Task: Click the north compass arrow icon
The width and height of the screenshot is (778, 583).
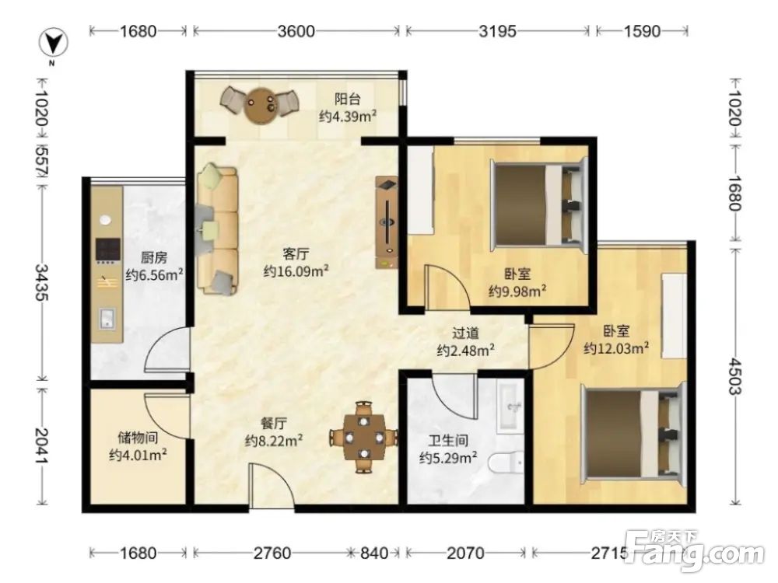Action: pyautogui.click(x=53, y=43)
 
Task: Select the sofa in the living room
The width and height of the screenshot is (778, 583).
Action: pyautogui.click(x=217, y=230)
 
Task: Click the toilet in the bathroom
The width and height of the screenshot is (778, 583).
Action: pyautogui.click(x=506, y=463)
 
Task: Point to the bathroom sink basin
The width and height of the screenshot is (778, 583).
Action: pyautogui.click(x=510, y=407)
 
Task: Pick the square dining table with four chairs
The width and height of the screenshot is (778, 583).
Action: pyautogui.click(x=364, y=437)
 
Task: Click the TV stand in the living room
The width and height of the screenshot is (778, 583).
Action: pyautogui.click(x=387, y=222)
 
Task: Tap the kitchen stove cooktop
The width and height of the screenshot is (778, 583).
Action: pyautogui.click(x=107, y=251)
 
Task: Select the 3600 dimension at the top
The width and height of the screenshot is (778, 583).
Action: pyautogui.click(x=296, y=31)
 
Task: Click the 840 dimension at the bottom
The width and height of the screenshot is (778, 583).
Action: pyautogui.click(x=374, y=552)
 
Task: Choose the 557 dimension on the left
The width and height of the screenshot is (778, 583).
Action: pyautogui.click(x=41, y=160)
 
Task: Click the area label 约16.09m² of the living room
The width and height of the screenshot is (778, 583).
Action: pyautogui.click(x=296, y=271)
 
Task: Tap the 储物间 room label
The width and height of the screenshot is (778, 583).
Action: pyautogui.click(x=138, y=437)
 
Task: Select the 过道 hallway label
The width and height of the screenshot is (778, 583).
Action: pyautogui.click(x=465, y=333)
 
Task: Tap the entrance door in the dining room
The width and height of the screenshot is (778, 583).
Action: pyautogui.click(x=272, y=486)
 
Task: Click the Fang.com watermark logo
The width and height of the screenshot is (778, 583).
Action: pyautogui.click(x=695, y=551)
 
